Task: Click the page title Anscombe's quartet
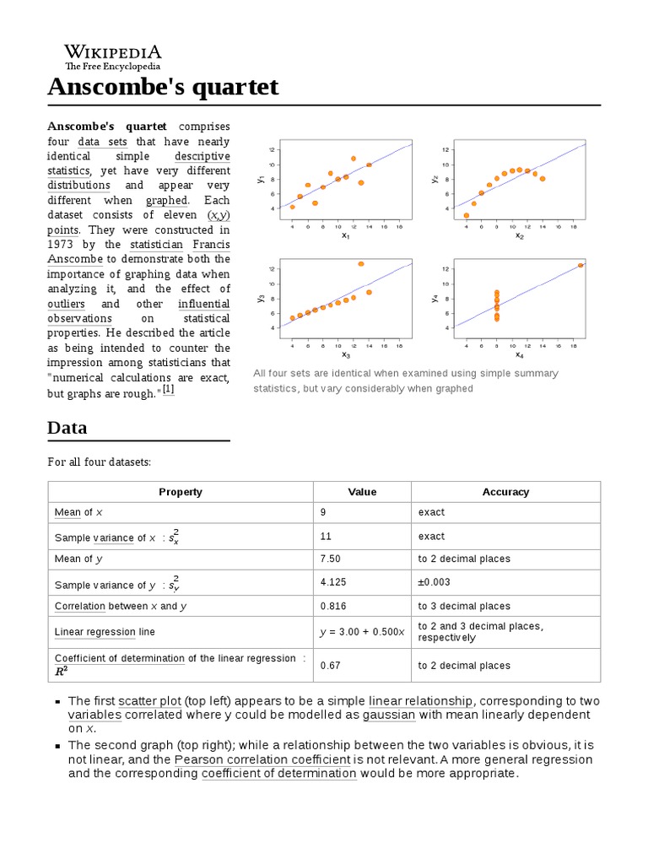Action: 163,87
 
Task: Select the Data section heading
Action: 67,427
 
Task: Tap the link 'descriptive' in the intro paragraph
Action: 202,156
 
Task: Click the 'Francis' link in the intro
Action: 211,244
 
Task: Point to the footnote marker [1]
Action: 168,389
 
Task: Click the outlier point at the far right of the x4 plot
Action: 580,265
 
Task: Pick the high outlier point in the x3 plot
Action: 361,264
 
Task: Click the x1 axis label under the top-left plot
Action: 345,235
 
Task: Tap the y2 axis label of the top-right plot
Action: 435,179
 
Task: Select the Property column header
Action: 181,492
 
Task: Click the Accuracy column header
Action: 505,492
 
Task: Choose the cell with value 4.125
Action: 334,582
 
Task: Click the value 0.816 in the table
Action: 332,606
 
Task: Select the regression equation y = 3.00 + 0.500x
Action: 362,631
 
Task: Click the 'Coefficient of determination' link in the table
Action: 119,658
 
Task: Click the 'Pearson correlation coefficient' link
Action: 262,759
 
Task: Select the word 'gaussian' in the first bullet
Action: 389,715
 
